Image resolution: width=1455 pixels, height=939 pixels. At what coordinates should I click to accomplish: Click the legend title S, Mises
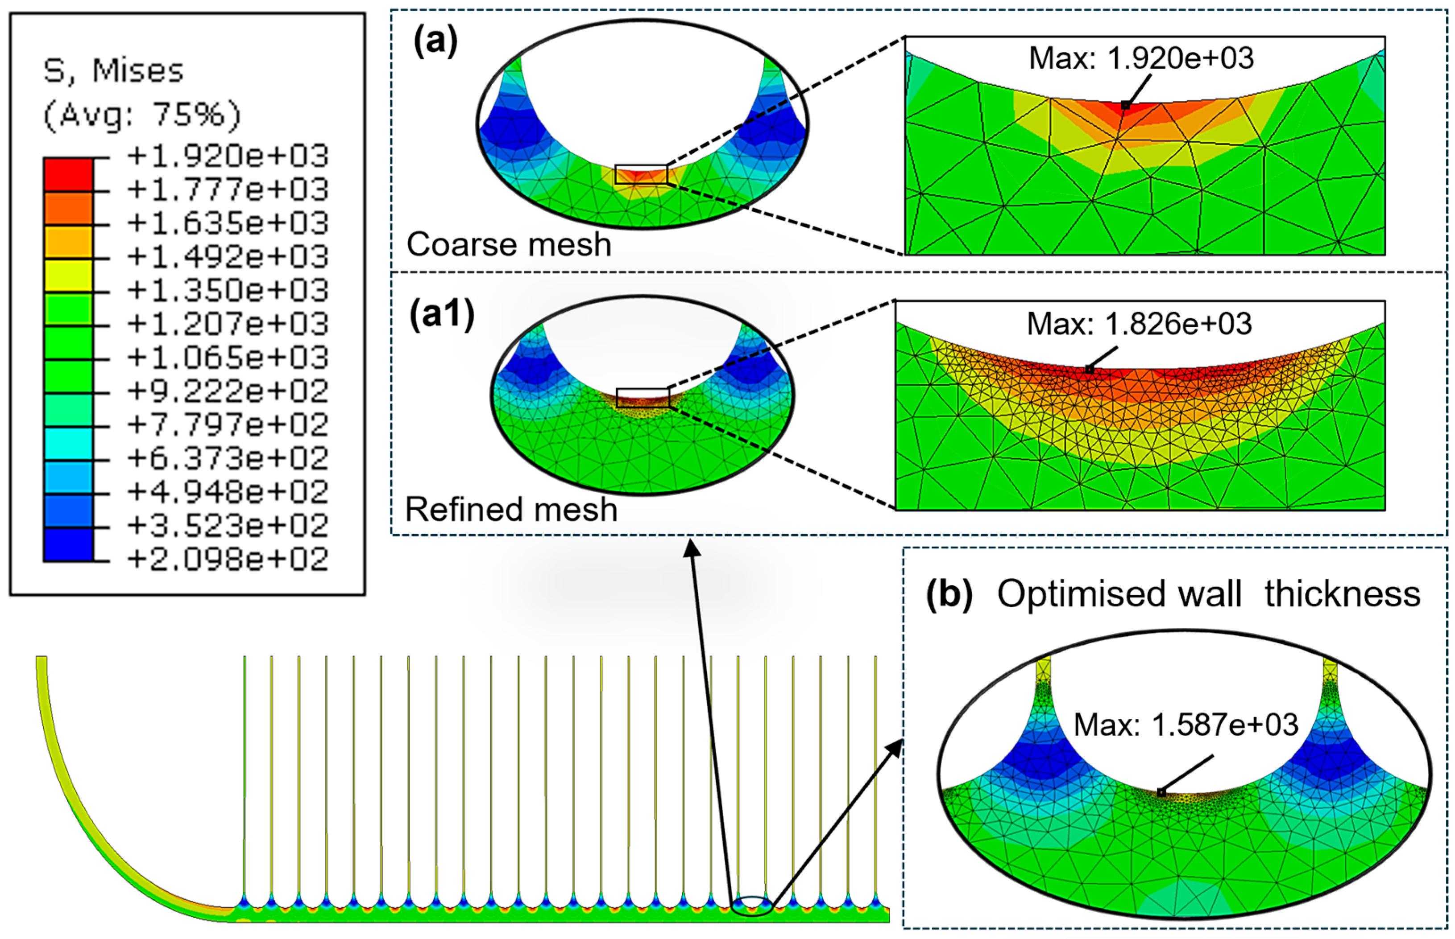[x=113, y=71]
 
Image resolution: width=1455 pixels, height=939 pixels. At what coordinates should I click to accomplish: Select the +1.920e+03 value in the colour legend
[x=228, y=156]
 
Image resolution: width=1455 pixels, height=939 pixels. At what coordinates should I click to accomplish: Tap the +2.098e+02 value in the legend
[x=228, y=559]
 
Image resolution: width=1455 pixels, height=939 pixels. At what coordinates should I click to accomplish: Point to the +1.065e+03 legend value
[x=228, y=357]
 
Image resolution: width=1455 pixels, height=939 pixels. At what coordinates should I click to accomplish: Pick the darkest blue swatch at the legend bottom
[x=68, y=544]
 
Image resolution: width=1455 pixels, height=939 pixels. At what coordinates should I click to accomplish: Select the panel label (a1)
[x=442, y=316]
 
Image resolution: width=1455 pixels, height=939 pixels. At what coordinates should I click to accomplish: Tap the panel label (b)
[x=949, y=594]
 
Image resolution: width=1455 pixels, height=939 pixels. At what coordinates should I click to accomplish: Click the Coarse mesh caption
[x=509, y=244]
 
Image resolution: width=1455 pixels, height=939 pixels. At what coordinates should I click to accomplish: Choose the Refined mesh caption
[x=511, y=509]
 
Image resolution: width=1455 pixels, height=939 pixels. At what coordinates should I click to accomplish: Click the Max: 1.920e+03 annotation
[x=1141, y=58]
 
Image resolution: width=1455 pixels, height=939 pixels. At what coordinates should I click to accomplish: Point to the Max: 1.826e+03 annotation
[x=1139, y=324]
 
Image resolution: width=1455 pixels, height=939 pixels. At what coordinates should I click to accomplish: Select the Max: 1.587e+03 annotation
[x=1186, y=725]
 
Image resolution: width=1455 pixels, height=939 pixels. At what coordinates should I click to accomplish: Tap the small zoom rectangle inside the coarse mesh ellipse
[x=641, y=174]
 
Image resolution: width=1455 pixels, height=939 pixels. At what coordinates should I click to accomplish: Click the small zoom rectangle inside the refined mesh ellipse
[x=643, y=398]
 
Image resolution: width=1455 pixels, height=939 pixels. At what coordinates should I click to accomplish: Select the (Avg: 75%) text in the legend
[x=142, y=115]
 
